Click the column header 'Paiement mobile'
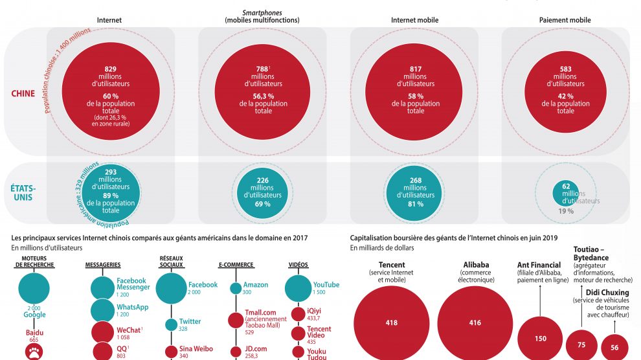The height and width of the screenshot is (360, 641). (x=565, y=20)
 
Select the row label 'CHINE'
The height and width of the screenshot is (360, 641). (x=23, y=94)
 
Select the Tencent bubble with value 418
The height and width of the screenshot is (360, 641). (x=391, y=322)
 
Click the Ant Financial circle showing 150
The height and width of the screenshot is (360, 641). (x=540, y=338)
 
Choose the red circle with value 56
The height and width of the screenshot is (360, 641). (x=614, y=347)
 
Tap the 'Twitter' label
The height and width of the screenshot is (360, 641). (x=190, y=321)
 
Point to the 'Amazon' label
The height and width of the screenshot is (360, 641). (x=255, y=285)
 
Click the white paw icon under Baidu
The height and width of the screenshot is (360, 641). (x=34, y=352)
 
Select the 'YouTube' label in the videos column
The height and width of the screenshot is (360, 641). (x=326, y=285)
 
